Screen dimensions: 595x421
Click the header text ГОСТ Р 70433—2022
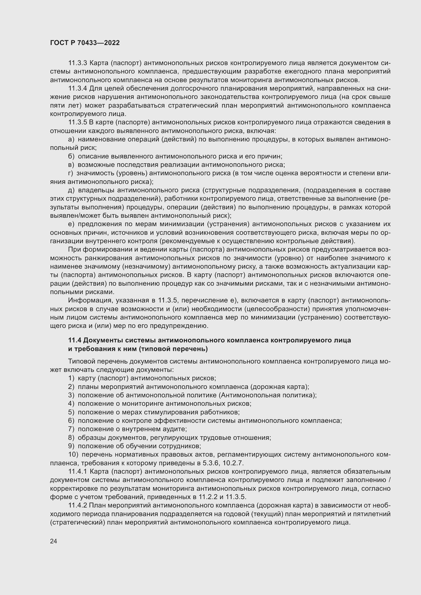point(85,43)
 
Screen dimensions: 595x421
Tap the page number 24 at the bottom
point(53,541)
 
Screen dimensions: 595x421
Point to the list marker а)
point(71,140)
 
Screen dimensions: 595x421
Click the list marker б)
point(71,156)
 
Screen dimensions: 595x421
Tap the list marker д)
point(71,191)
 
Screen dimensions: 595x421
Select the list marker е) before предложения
point(71,224)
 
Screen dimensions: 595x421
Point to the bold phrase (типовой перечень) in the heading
point(173,349)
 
